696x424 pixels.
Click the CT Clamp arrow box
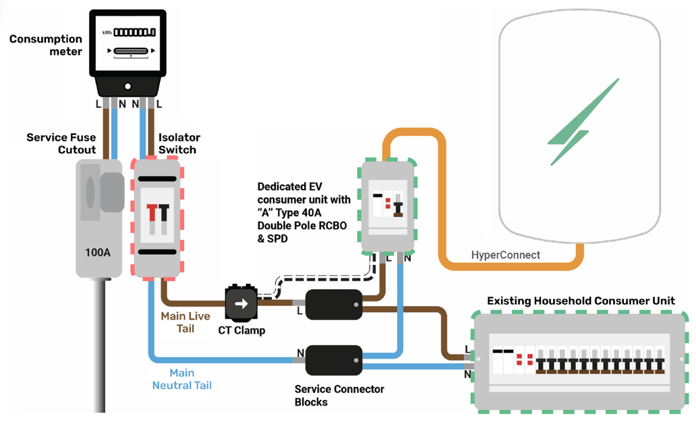(x=241, y=303)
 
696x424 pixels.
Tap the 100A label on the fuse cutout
(x=98, y=252)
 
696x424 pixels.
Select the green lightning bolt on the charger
(x=583, y=122)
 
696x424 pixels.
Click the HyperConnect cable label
(x=505, y=255)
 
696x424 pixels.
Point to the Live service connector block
(x=334, y=305)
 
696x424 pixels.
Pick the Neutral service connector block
(x=334, y=361)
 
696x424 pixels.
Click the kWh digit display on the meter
(x=134, y=32)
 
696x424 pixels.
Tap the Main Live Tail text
(x=185, y=322)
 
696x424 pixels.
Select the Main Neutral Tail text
(x=182, y=379)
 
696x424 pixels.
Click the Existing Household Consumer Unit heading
(x=581, y=301)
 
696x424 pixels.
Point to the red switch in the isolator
(x=152, y=214)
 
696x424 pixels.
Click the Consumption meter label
(x=46, y=45)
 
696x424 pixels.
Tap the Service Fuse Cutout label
(x=61, y=143)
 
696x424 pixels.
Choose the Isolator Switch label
(x=177, y=143)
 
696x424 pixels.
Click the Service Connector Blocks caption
(x=339, y=395)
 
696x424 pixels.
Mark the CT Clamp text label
(x=241, y=330)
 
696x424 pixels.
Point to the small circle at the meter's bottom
(x=127, y=86)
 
